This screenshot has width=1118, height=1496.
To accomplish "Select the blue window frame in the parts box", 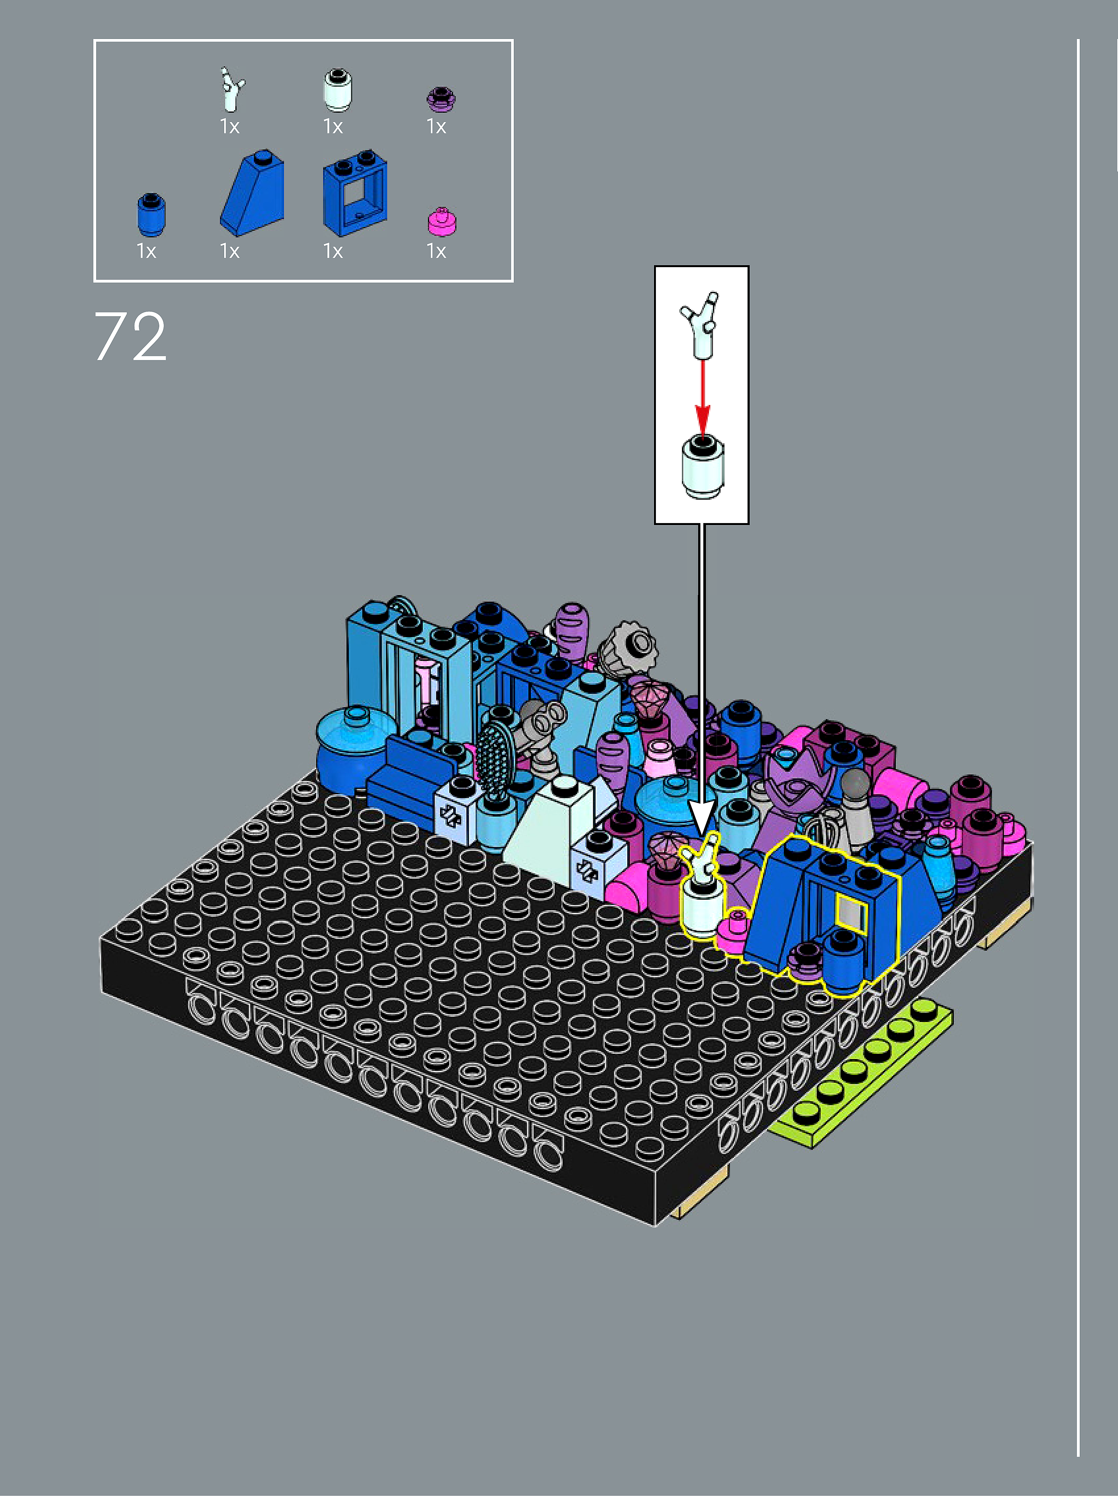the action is click(x=355, y=193).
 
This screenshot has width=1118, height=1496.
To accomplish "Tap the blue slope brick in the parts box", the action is click(x=252, y=193).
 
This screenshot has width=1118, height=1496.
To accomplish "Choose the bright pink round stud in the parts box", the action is click(x=442, y=222).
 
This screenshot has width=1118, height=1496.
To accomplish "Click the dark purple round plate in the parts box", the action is click(x=441, y=99).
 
